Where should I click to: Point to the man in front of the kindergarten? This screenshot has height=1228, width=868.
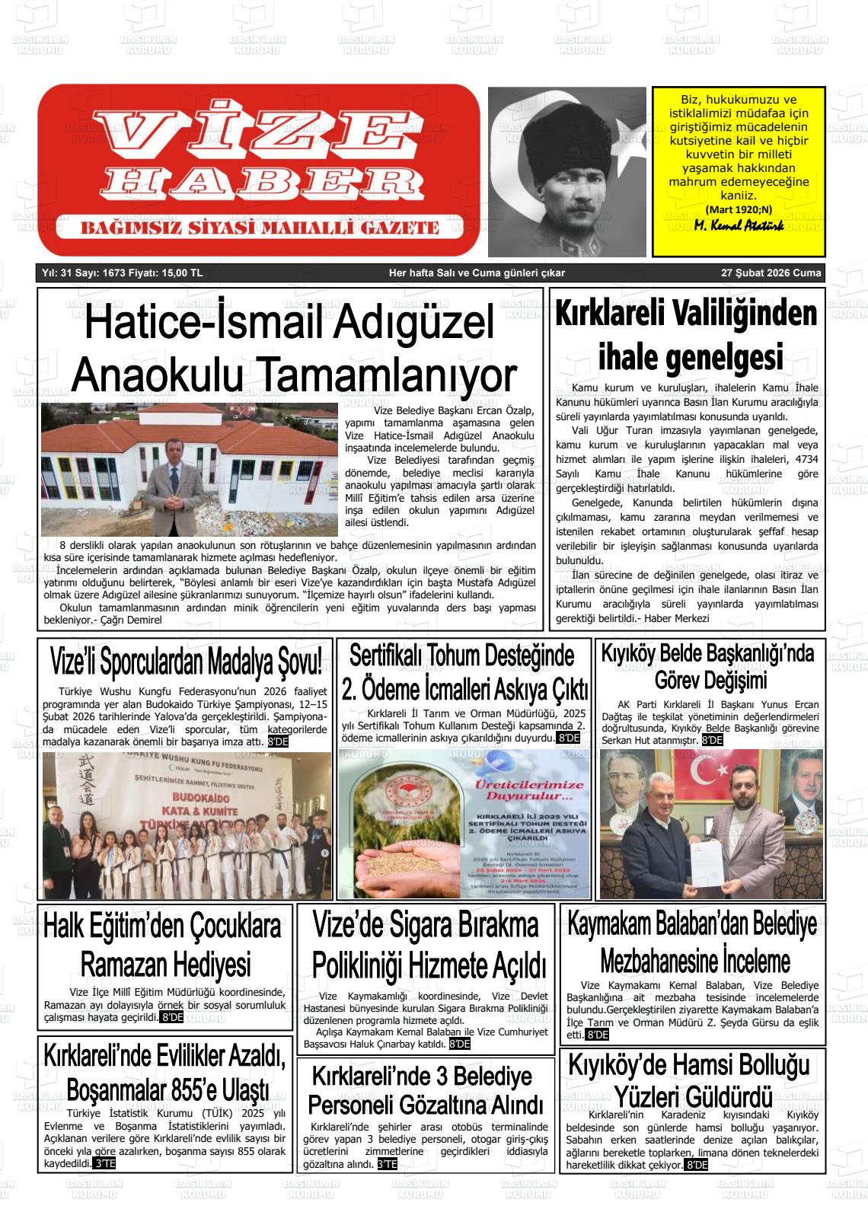(172, 491)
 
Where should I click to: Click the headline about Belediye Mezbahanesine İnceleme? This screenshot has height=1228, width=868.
(693, 943)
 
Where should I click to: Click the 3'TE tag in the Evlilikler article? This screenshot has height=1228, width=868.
(104, 1164)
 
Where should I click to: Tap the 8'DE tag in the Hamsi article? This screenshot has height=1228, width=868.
(696, 1165)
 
